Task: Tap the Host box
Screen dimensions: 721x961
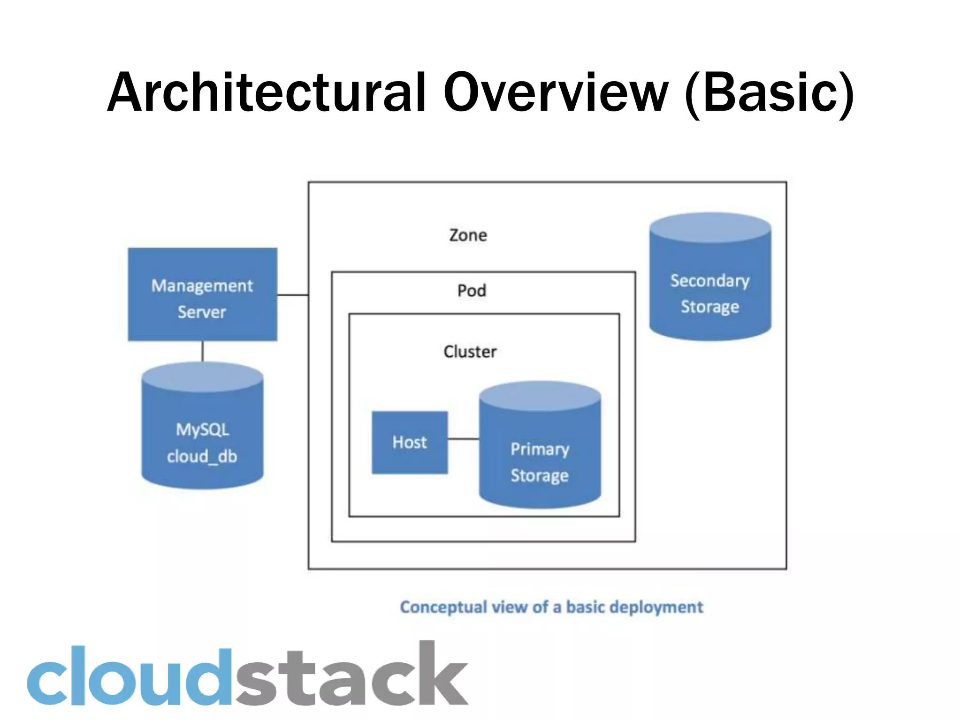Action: pyautogui.click(x=410, y=442)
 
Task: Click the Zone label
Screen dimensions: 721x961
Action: pyautogui.click(x=468, y=235)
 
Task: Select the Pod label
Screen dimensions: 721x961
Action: pyautogui.click(x=472, y=291)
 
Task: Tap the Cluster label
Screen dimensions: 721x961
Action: pyautogui.click(x=470, y=352)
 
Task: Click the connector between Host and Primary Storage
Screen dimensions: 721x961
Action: pyautogui.click(x=463, y=439)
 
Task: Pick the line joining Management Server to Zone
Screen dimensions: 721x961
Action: pyautogui.click(x=293, y=295)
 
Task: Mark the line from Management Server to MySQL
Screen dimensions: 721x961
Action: pyautogui.click(x=202, y=351)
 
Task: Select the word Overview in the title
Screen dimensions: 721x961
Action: pyautogui.click(x=556, y=92)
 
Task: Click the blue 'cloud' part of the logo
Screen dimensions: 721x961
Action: pyautogui.click(x=129, y=676)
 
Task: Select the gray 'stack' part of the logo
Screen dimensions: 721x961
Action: pyautogui.click(x=352, y=676)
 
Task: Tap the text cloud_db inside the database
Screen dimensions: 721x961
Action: pyautogui.click(x=202, y=456)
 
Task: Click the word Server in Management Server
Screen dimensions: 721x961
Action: pyautogui.click(x=202, y=312)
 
